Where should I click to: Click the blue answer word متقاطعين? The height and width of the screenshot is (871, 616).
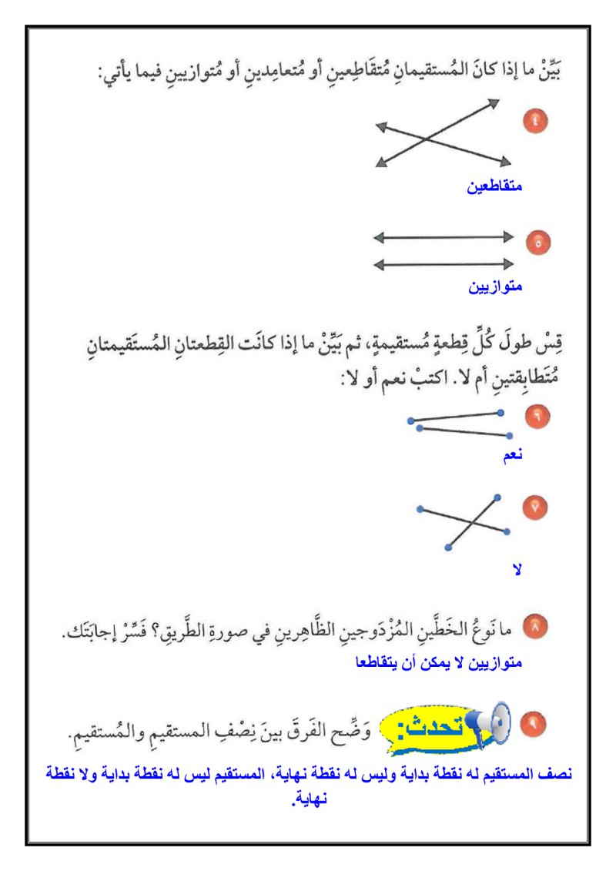(495, 186)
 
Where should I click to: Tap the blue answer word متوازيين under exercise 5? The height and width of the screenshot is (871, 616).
(495, 287)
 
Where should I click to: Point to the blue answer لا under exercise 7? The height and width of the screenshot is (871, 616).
(517, 570)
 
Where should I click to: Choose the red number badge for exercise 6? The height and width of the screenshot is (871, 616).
(534, 416)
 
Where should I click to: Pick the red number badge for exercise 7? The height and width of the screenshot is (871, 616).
(534, 507)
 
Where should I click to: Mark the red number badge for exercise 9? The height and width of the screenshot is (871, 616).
(534, 724)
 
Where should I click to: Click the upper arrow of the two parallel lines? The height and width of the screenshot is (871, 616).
(444, 237)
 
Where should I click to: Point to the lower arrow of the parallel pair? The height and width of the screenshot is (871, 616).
(444, 264)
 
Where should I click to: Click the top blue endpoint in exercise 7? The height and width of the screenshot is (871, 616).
(498, 497)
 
